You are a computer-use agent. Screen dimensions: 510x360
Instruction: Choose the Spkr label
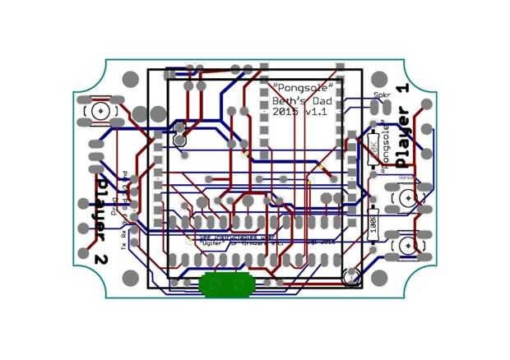(x=382, y=95)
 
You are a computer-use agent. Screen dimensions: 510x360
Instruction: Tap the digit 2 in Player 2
(x=101, y=258)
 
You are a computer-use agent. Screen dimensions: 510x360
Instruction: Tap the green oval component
(x=226, y=284)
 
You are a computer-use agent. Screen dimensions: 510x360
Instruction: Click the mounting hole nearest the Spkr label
(x=378, y=81)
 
